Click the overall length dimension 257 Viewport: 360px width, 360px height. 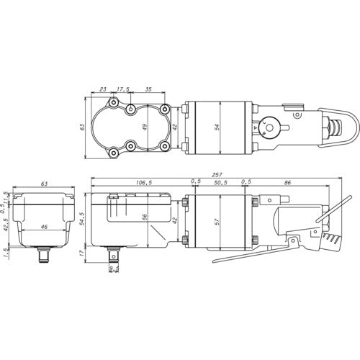[217, 175]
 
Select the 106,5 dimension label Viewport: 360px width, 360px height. [143, 183]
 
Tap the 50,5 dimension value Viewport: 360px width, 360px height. [222, 183]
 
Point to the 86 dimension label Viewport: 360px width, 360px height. [289, 183]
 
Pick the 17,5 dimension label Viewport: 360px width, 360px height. [122, 90]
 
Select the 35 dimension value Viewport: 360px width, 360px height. [148, 90]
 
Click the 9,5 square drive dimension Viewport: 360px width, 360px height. [113, 270]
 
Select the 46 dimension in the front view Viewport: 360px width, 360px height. [44, 228]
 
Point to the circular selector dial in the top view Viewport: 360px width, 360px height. [272, 127]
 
